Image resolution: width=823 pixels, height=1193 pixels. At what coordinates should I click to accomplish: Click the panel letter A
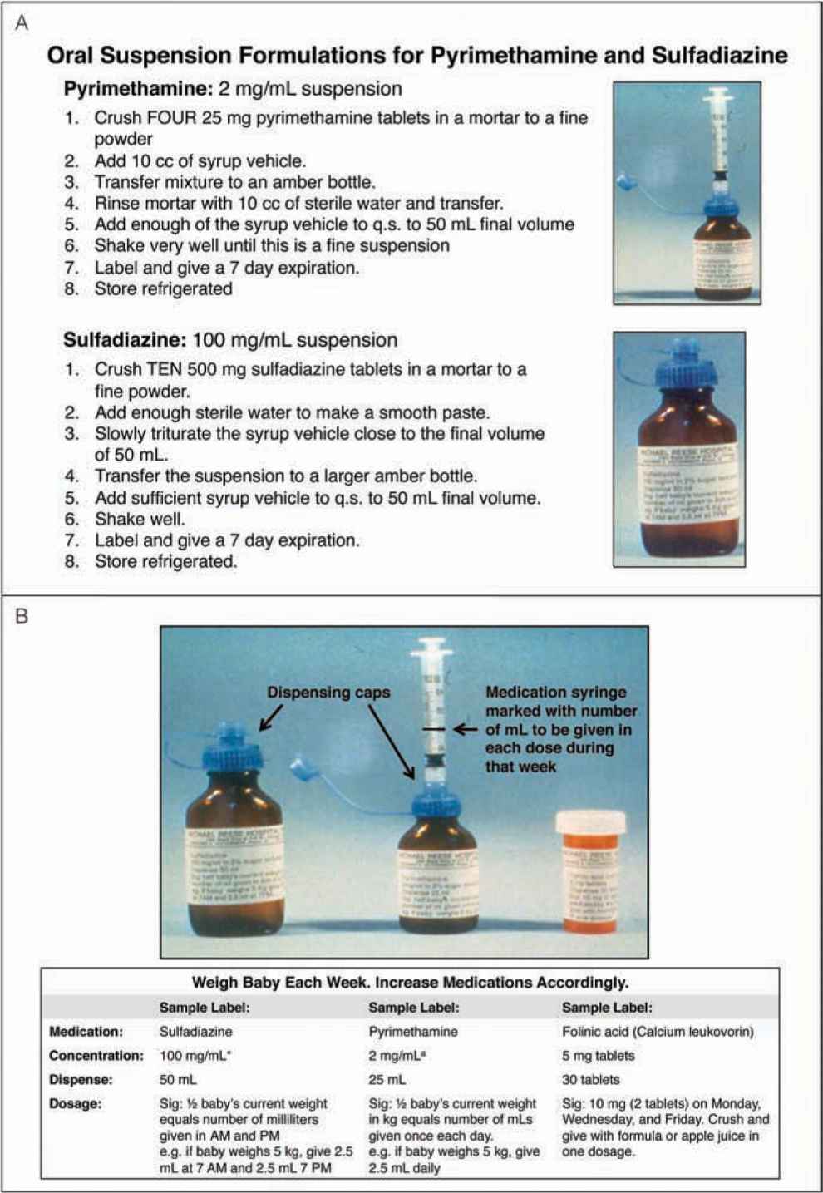click(x=22, y=23)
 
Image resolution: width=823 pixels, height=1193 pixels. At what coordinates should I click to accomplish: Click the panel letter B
click(x=22, y=616)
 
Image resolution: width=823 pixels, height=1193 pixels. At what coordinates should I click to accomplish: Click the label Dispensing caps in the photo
click(x=328, y=692)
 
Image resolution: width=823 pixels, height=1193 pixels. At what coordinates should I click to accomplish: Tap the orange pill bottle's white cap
click(x=590, y=822)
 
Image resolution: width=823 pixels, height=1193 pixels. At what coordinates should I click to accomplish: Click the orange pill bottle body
click(x=591, y=881)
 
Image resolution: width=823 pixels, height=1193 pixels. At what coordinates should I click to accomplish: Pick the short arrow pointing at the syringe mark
click(x=465, y=729)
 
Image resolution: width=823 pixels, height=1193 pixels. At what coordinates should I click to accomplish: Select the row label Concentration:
click(x=96, y=1056)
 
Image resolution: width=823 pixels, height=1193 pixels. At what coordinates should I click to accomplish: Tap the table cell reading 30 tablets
click(x=590, y=1080)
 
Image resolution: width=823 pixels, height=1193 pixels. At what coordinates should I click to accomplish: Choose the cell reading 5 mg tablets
click(x=598, y=1056)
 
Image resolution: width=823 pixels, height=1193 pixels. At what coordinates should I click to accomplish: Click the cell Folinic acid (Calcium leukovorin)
click(x=658, y=1032)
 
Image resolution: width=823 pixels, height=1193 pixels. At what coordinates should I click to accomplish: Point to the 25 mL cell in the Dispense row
click(x=387, y=1080)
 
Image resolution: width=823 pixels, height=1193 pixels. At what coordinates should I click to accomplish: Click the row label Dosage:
click(x=76, y=1104)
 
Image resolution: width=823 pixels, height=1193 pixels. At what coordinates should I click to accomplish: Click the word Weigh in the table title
click(x=215, y=983)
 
